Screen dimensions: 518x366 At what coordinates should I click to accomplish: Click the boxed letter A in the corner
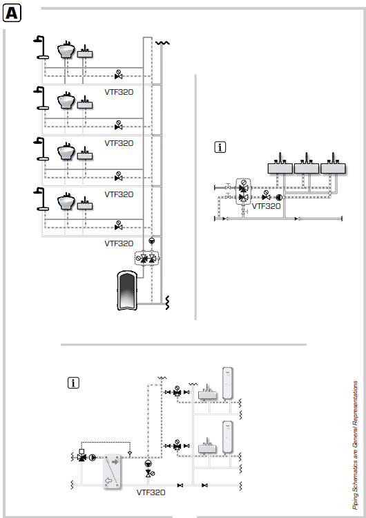coord(14,13)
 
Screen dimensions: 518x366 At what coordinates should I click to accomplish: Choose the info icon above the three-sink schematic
coord(220,147)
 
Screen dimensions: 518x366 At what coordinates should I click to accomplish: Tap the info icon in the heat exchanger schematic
coord(73,382)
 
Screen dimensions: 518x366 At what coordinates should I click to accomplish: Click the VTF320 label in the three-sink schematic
coord(266,205)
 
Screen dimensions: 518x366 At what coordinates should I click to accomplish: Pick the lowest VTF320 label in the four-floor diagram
coord(119,243)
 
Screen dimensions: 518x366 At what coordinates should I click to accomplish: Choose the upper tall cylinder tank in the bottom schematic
coord(226,382)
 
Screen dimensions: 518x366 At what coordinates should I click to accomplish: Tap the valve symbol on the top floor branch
coord(118,74)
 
